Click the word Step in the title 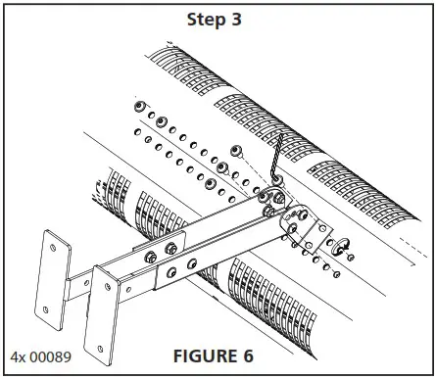point(205,18)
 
